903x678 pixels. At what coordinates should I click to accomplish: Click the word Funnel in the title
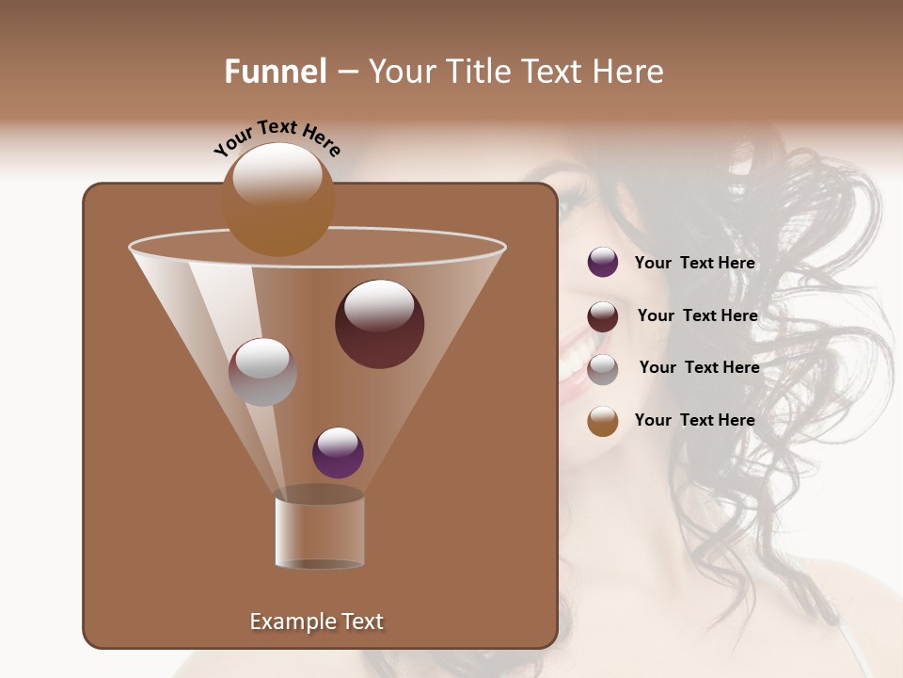(276, 72)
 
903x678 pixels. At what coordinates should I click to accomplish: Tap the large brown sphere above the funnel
(277, 200)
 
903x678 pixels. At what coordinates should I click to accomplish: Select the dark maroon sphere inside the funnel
(379, 324)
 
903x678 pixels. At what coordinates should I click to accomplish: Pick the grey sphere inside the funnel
(262, 372)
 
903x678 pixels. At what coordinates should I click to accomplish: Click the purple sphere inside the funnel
(338, 452)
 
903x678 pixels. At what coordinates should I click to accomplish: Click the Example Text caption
(316, 621)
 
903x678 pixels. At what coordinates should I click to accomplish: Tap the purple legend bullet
(603, 263)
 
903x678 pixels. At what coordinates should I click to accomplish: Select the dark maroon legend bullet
(603, 316)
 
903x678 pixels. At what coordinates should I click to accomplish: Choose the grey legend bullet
(603, 369)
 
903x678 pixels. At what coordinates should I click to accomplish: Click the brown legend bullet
(603, 421)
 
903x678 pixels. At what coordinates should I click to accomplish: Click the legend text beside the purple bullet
(694, 263)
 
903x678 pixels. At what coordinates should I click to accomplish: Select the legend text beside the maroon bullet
(697, 315)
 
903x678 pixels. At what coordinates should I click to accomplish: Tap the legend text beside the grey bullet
(699, 367)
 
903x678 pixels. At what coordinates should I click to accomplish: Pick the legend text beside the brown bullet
(694, 420)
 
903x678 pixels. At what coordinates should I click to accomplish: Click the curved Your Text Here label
(277, 137)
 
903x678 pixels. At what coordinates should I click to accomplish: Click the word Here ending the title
(628, 72)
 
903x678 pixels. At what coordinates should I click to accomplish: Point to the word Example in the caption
(285, 621)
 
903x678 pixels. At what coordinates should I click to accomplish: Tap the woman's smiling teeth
(574, 363)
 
